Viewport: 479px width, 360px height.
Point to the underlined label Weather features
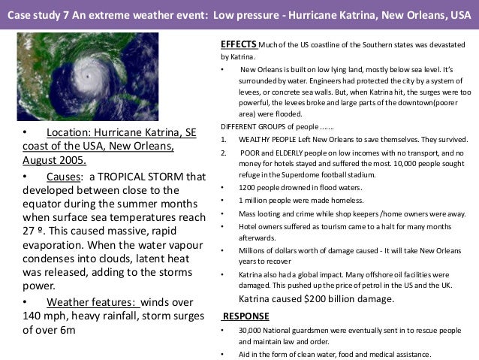(92, 302)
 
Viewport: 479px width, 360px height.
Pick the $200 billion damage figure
(327, 298)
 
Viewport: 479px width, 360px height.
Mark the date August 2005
(53, 159)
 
